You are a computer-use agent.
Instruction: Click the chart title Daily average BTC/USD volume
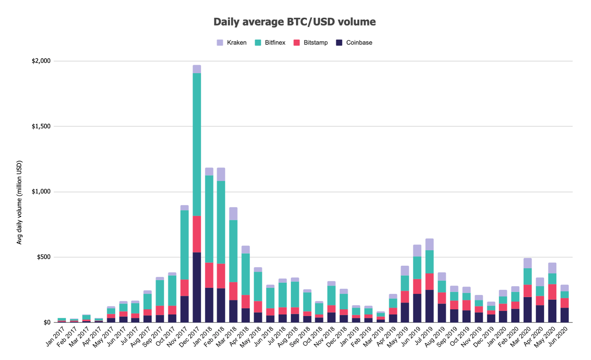[294, 22]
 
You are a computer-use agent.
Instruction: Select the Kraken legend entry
[232, 43]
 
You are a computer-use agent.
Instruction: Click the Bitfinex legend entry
[270, 43]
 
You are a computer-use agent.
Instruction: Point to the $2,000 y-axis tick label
[41, 61]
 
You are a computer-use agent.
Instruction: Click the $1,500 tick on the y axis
[41, 126]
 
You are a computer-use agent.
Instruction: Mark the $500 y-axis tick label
[44, 257]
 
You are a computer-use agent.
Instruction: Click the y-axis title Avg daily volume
[20, 202]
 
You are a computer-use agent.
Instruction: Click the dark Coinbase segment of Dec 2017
[197, 287]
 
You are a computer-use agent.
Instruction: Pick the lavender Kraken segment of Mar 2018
[233, 214]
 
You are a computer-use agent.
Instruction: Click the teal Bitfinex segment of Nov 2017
[184, 245]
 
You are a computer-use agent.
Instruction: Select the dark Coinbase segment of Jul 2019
[429, 306]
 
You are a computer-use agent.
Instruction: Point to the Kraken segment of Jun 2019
[417, 251]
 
